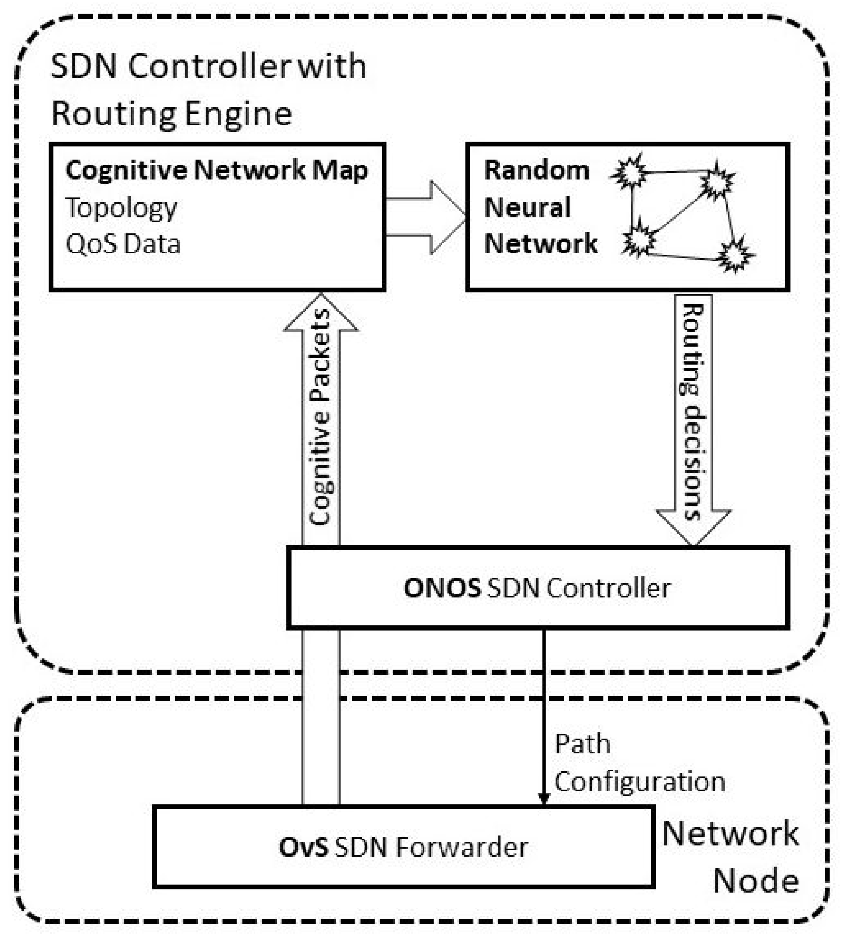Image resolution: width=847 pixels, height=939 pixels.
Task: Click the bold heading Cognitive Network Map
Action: coord(216,171)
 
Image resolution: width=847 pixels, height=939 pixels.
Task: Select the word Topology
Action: coord(121,208)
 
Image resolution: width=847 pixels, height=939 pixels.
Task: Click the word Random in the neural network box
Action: coord(536,170)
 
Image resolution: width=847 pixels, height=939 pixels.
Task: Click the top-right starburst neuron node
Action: coord(717,180)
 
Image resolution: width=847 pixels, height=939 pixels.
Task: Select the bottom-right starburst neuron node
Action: coord(735,255)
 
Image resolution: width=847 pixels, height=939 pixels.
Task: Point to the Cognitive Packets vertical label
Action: coord(320,417)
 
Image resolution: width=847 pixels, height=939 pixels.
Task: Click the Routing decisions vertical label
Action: coord(693,412)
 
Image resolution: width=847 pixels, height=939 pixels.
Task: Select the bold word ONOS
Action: coord(442,588)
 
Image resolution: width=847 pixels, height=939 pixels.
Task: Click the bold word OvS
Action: coord(303,847)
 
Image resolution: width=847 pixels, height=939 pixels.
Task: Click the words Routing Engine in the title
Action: coord(171,114)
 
